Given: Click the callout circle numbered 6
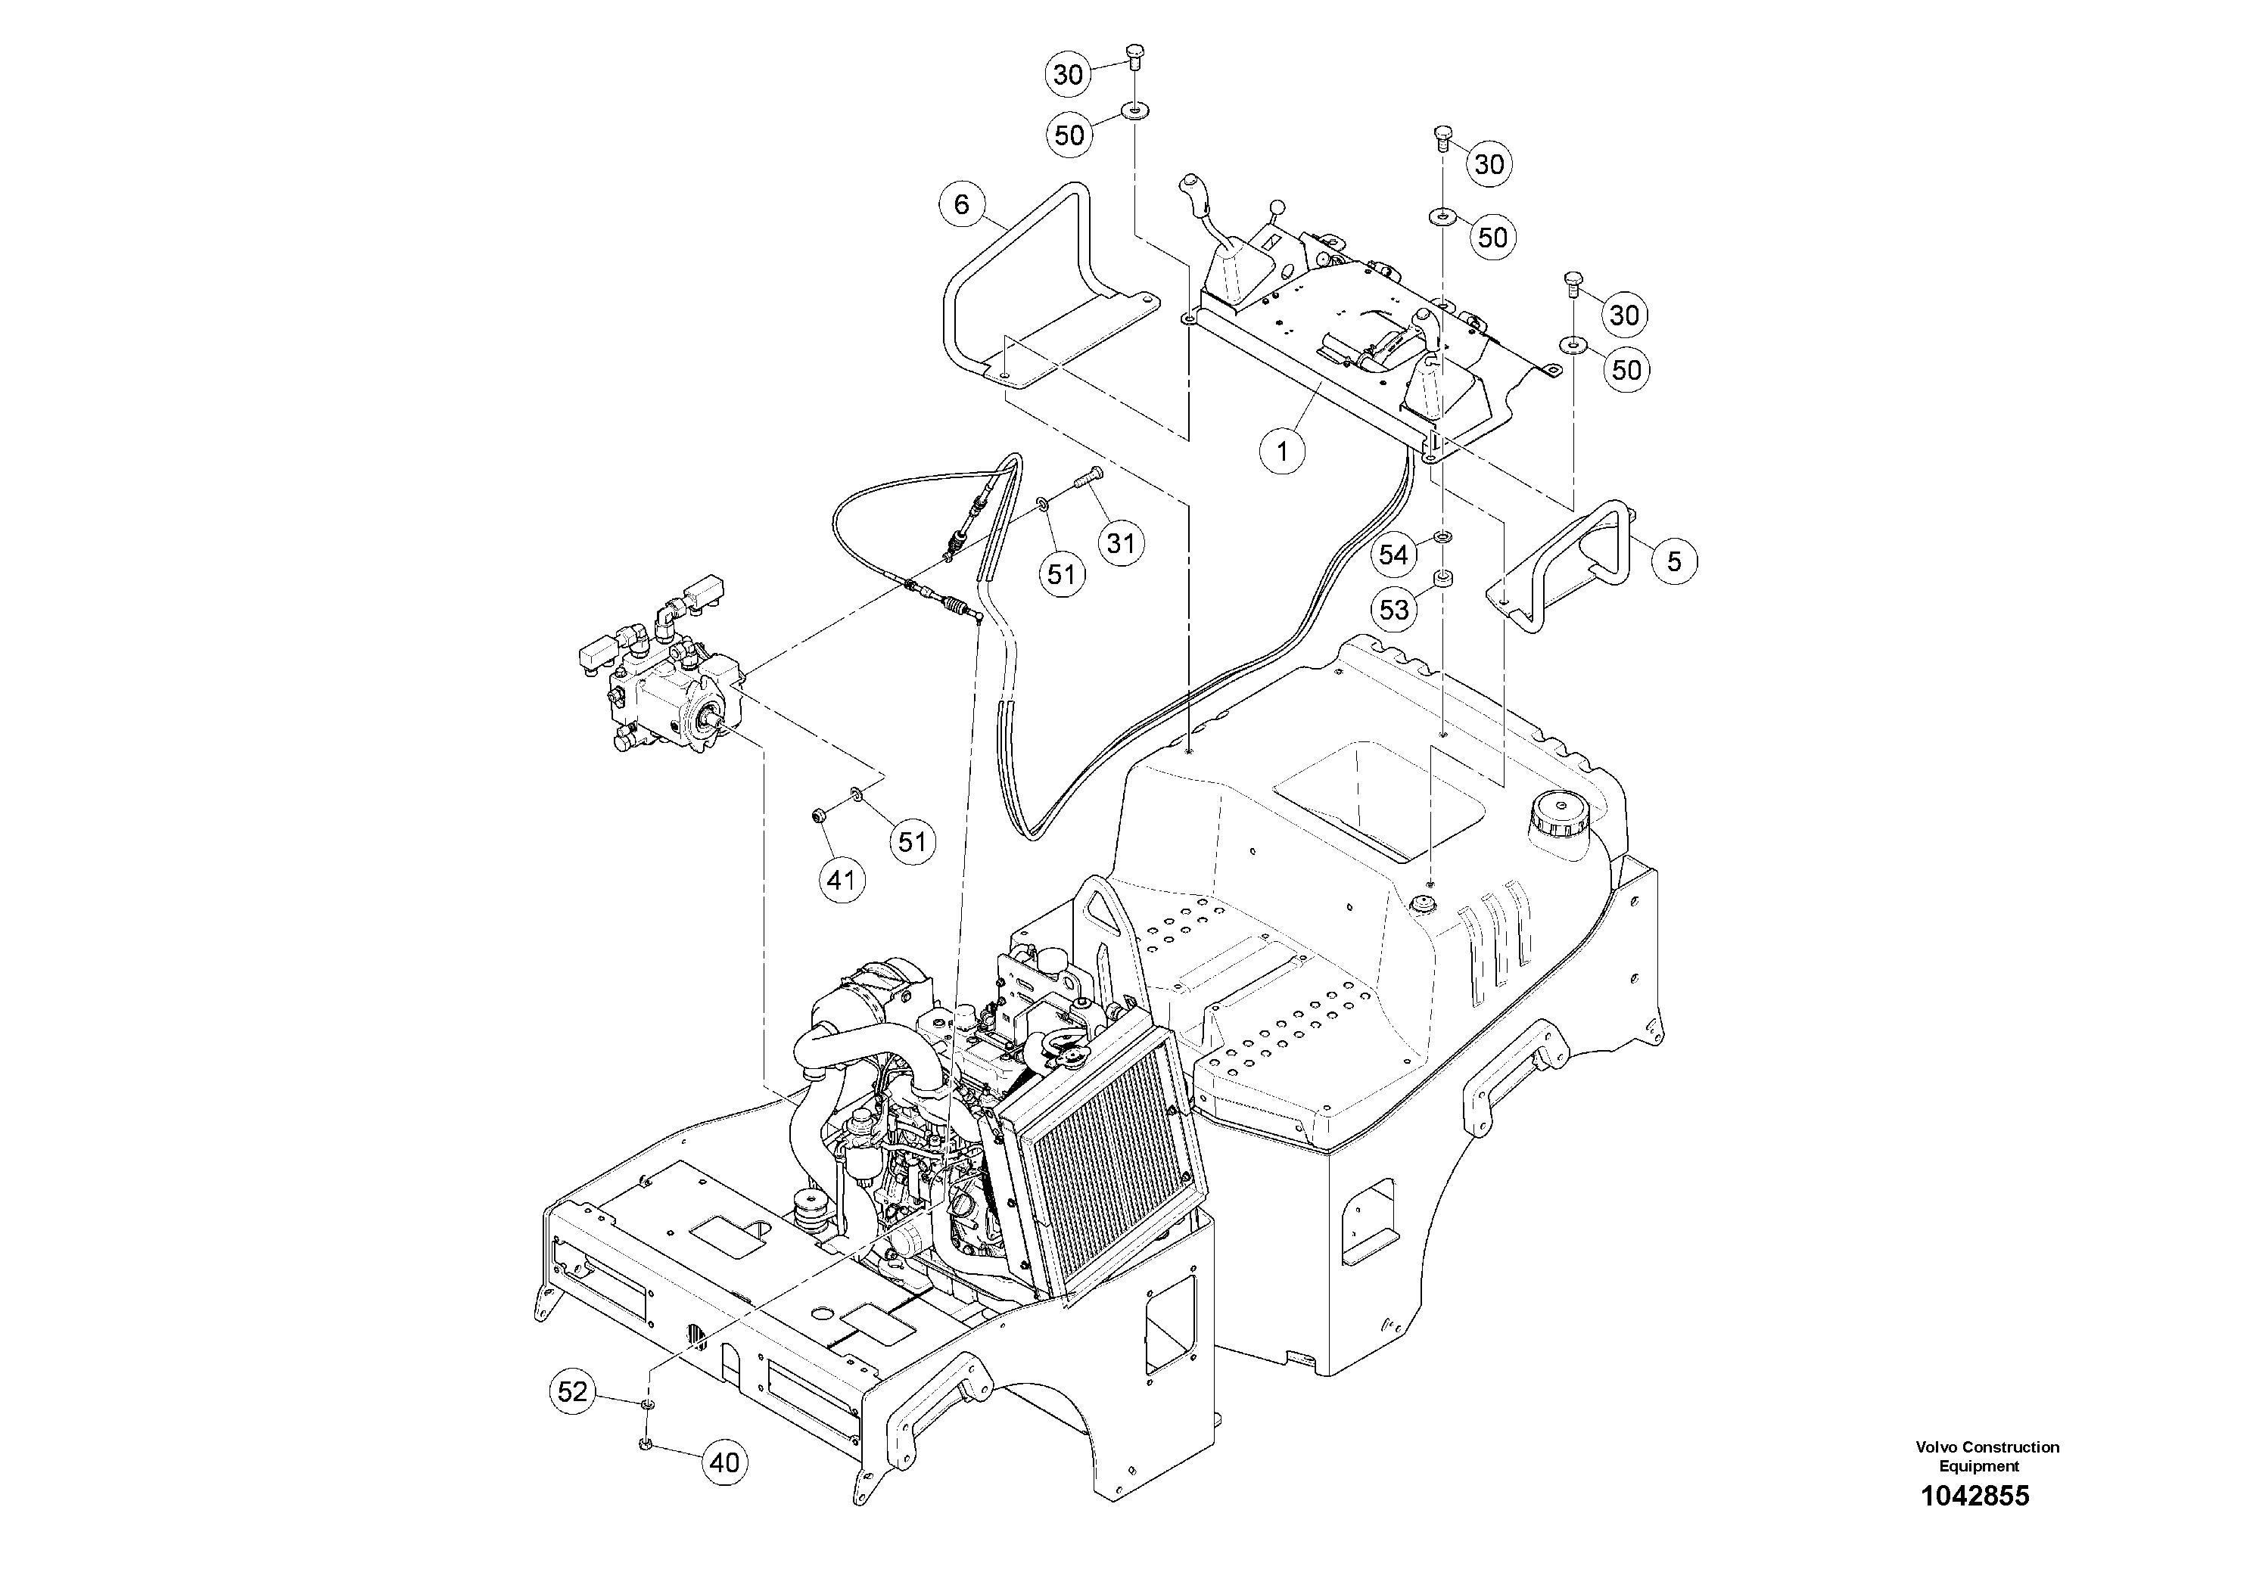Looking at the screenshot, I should [x=960, y=204].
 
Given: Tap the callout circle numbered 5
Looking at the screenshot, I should [x=1674, y=561].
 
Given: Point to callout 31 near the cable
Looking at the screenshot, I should [x=1121, y=543].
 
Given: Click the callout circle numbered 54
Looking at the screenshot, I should [x=1393, y=555].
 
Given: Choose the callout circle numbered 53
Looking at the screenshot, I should [x=1393, y=610].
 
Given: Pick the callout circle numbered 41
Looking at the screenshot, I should [x=841, y=880].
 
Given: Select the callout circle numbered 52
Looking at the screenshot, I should [x=572, y=1391].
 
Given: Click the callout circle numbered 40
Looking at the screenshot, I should [x=724, y=1463].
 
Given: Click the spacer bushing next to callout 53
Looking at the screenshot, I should [x=1443, y=580].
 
